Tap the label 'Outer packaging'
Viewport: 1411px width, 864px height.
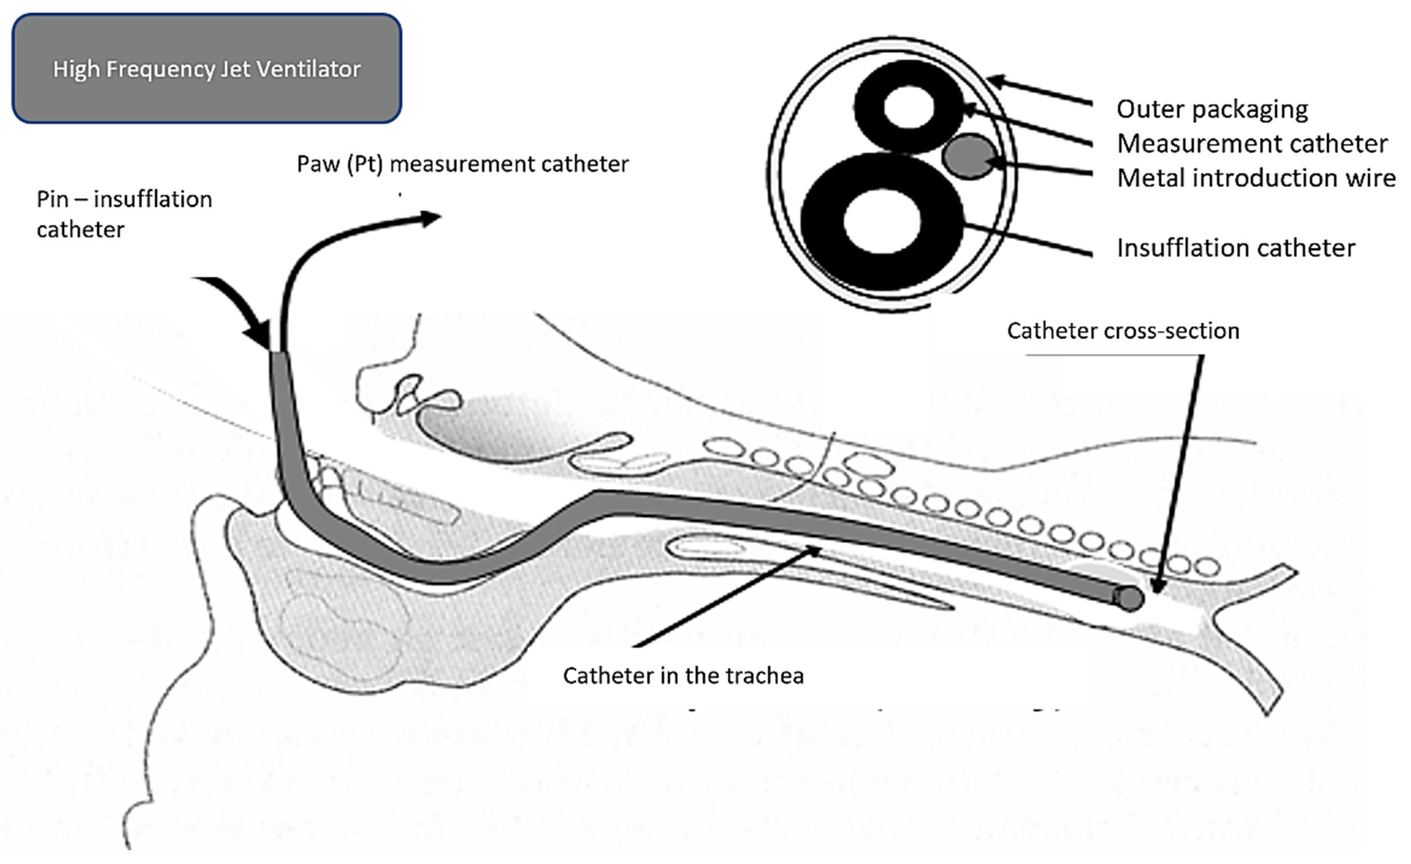(x=1212, y=109)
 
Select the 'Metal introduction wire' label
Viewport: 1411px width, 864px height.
(x=1256, y=178)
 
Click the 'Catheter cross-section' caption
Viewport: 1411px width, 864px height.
(x=1123, y=331)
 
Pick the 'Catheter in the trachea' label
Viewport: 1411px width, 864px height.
(x=683, y=676)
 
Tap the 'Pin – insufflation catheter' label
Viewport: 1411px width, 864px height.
(x=124, y=214)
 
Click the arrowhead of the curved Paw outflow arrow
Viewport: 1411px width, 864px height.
(x=431, y=218)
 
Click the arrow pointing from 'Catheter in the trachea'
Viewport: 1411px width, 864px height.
(x=727, y=597)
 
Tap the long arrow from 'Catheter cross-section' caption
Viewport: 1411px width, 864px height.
(x=1180, y=470)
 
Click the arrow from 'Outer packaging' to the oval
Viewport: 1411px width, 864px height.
(x=1039, y=92)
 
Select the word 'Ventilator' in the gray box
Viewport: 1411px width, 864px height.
(x=308, y=69)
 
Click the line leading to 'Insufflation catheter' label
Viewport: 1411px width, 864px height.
(x=1028, y=239)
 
